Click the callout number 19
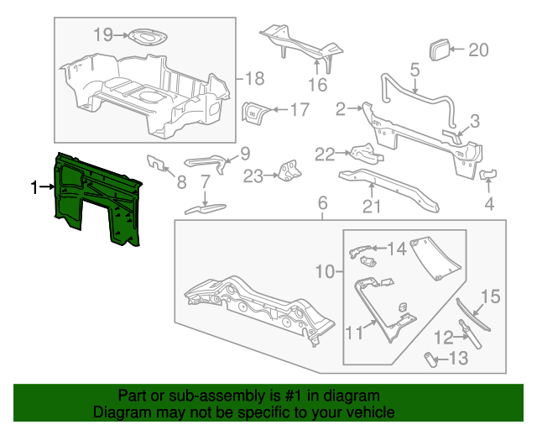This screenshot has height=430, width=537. pyautogui.click(x=102, y=34)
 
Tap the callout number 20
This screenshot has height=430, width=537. pyautogui.click(x=477, y=50)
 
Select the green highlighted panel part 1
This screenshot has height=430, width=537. pyautogui.click(x=95, y=197)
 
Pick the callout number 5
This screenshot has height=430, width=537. pyautogui.click(x=414, y=71)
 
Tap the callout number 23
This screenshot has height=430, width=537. pyautogui.click(x=253, y=176)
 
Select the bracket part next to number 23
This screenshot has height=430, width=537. pyautogui.click(x=289, y=170)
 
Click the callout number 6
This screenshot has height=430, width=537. pyautogui.click(x=320, y=203)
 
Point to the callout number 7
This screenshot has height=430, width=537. pyautogui.click(x=205, y=181)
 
